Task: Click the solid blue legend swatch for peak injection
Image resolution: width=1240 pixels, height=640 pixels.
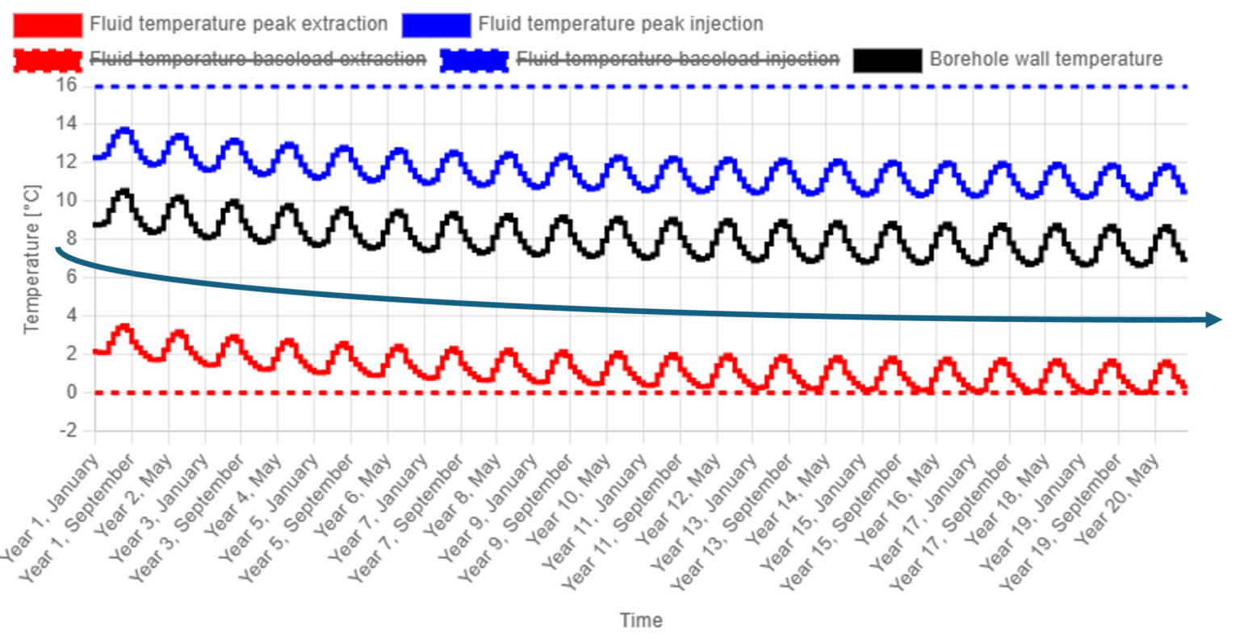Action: point(436,25)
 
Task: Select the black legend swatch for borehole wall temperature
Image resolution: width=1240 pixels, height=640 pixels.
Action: point(887,61)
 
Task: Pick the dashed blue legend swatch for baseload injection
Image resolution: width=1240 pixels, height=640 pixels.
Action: point(475,61)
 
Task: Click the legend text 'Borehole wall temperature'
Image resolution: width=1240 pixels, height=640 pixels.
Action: point(1046,60)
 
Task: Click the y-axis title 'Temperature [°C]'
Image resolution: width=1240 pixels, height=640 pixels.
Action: point(34,258)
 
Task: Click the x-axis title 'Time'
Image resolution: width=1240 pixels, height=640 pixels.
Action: point(642,620)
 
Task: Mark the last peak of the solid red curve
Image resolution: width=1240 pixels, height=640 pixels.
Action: point(1166,364)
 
